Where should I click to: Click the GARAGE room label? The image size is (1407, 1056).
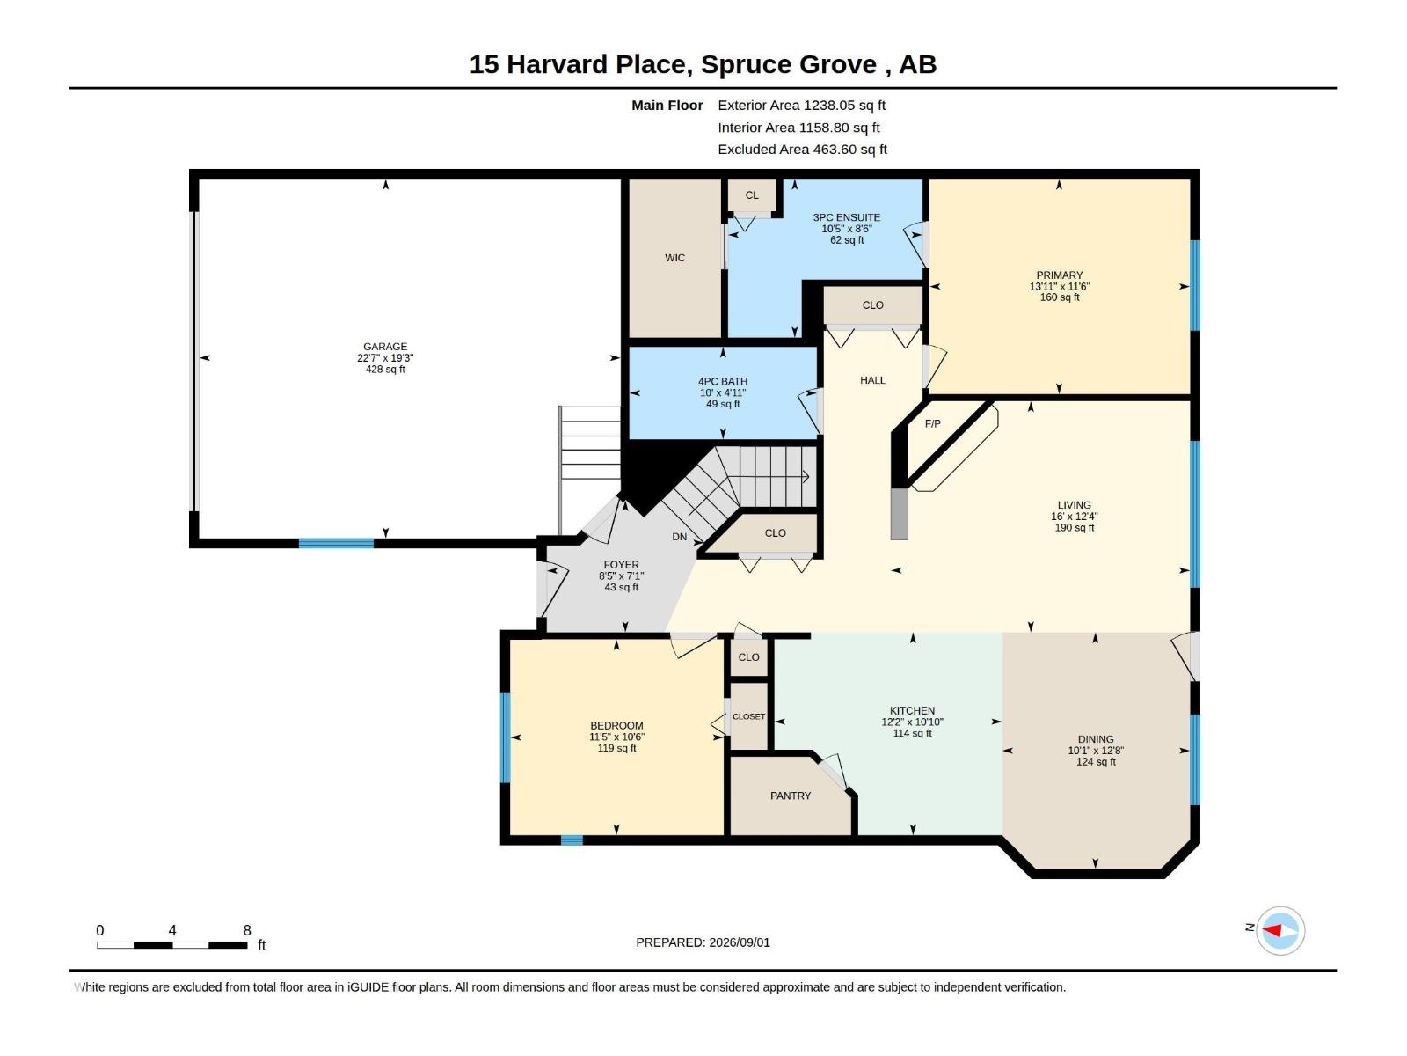click(384, 347)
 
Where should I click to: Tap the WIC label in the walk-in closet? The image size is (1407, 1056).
click(674, 258)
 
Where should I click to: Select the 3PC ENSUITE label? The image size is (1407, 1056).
click(846, 217)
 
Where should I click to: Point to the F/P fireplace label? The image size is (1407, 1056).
click(933, 424)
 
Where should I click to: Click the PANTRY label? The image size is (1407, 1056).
click(791, 796)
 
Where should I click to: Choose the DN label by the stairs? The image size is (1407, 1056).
click(680, 537)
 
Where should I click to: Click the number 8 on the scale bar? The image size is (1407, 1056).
click(247, 930)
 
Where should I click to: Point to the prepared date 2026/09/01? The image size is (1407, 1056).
click(739, 942)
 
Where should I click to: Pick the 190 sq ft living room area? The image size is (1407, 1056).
click(1075, 528)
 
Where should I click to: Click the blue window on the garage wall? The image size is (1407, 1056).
click(336, 543)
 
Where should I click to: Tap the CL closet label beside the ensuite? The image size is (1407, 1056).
click(752, 194)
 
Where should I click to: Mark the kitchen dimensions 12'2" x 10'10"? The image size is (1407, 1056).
click(912, 722)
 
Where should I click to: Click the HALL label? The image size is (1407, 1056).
click(872, 380)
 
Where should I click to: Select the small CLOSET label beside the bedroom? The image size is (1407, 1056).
click(748, 717)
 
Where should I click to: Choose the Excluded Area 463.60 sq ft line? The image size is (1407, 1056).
click(802, 150)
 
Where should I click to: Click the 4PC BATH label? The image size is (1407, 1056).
click(723, 382)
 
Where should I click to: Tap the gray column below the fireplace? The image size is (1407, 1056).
click(900, 514)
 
